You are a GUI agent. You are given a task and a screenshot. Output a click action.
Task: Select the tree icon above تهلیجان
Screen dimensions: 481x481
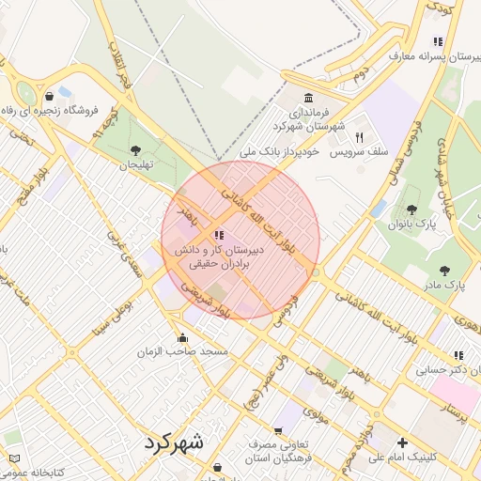136,149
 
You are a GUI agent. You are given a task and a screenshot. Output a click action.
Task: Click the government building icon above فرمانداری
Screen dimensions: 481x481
309,98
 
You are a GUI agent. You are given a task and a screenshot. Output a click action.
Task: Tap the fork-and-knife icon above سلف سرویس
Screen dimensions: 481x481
359,137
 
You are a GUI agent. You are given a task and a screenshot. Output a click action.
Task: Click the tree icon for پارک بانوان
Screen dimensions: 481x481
411,209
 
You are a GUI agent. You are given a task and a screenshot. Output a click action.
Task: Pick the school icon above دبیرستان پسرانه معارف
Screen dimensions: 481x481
437,41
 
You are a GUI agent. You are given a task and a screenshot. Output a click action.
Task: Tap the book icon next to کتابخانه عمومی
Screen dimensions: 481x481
13,458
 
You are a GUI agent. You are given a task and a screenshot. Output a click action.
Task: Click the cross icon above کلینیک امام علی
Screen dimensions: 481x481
403,442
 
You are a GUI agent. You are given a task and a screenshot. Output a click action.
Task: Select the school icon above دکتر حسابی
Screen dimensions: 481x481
458,355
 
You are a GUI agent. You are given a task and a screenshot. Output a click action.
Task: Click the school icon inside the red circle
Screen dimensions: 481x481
218,235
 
